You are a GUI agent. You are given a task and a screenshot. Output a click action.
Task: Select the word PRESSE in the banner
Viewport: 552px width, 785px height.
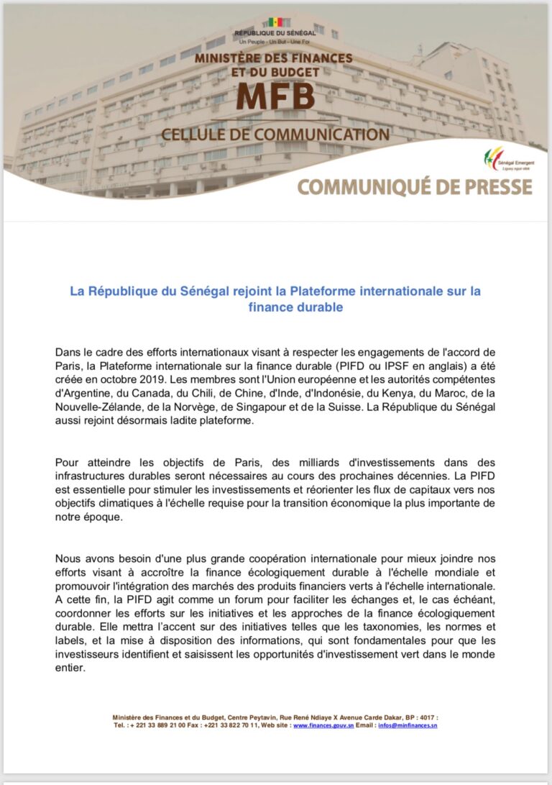[492, 186]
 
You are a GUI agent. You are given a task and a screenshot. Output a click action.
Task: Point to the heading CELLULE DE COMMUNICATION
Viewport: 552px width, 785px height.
[275, 134]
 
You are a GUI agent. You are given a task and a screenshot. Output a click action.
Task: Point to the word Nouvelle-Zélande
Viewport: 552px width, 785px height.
[97, 406]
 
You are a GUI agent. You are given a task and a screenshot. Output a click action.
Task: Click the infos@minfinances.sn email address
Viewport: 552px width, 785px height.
[408, 725]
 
